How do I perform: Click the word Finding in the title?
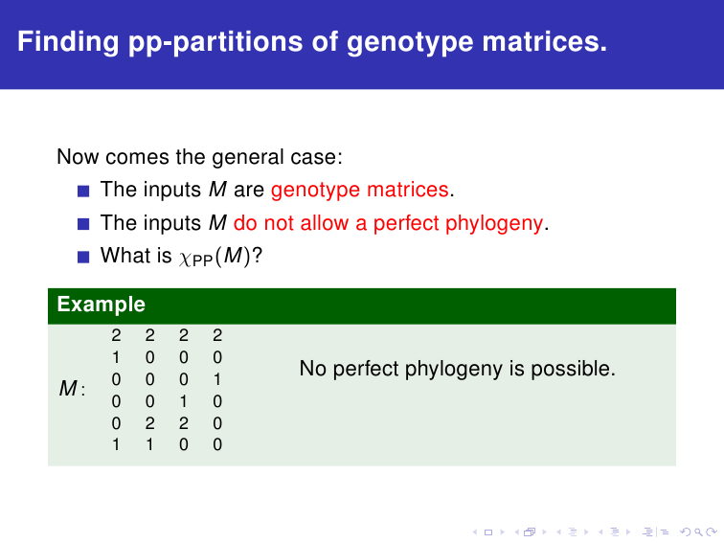click(x=68, y=42)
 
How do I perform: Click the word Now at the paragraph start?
click(x=78, y=157)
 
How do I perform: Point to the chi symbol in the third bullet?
click(x=185, y=259)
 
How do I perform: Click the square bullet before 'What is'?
click(x=83, y=257)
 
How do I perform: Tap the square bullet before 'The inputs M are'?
click(x=83, y=191)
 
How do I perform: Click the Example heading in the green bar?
click(x=102, y=305)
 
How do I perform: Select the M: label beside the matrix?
click(x=72, y=388)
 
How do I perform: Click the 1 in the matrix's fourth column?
click(x=217, y=379)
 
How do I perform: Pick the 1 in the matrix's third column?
click(x=184, y=401)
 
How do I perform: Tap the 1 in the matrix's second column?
click(x=149, y=444)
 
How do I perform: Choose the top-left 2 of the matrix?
click(x=116, y=335)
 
